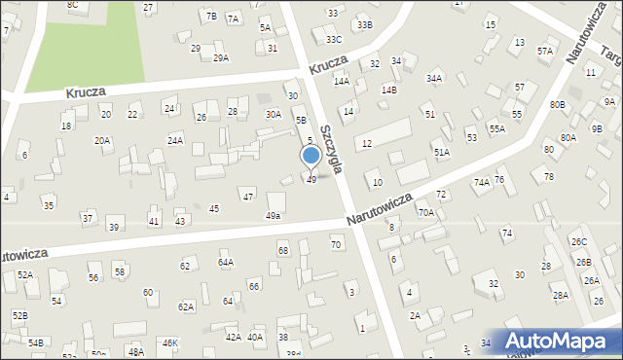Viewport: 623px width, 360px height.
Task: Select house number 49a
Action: point(274,215)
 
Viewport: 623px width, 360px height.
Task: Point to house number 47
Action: point(248,197)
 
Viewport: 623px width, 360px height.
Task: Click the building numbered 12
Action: point(366,144)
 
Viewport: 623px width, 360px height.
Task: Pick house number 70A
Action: point(425,212)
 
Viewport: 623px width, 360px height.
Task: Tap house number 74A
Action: point(481,182)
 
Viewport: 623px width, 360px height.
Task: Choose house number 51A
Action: point(441,153)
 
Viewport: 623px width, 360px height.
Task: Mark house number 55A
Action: point(496,128)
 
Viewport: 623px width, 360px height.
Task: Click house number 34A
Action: point(434,79)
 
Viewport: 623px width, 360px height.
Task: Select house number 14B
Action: point(388,90)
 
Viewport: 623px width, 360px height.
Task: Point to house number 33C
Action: point(334,39)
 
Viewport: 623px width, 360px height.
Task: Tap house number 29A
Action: point(221,57)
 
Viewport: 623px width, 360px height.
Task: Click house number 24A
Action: point(175,140)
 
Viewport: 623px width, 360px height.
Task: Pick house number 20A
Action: point(102,140)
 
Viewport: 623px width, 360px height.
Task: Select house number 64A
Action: point(226,262)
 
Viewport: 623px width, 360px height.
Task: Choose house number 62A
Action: point(186,306)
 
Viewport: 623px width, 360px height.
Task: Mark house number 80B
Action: point(557,104)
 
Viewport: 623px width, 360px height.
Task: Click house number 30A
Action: point(274,114)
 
